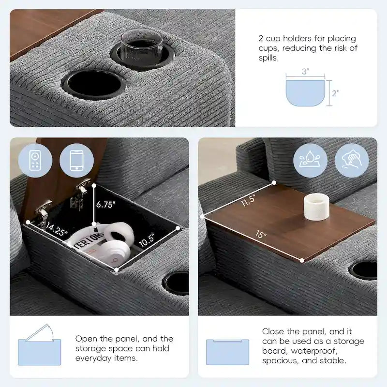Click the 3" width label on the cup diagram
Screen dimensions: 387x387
tap(305, 72)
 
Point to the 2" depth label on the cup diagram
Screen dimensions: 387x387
tap(335, 93)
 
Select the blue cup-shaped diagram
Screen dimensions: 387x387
tap(305, 93)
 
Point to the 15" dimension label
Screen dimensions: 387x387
tap(261, 235)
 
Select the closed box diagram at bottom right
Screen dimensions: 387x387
tap(227, 351)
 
